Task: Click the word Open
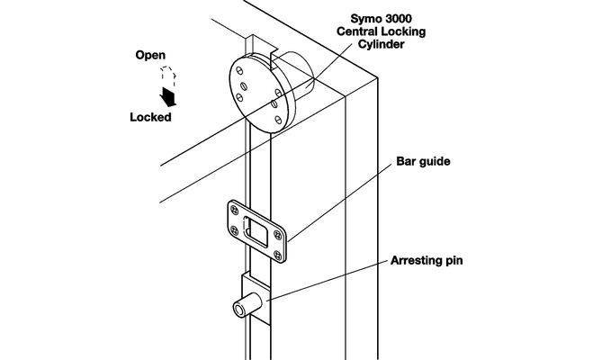(150, 56)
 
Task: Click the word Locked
(150, 117)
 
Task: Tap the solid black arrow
(168, 97)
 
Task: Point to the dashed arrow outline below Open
(168, 76)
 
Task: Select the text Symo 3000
(382, 19)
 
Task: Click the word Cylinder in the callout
(382, 44)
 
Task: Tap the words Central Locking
(382, 31)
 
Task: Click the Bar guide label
(423, 161)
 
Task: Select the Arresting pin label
(427, 260)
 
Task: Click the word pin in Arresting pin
(454, 261)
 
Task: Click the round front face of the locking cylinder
(258, 94)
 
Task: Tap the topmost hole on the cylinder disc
(239, 71)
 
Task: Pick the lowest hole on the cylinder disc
(278, 121)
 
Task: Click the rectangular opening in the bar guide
(257, 230)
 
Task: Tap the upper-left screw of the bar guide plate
(235, 210)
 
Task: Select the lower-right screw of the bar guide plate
(278, 255)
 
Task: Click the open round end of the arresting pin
(239, 310)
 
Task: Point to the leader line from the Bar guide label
(340, 203)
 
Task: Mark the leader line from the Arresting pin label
(328, 280)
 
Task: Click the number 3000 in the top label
(398, 19)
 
